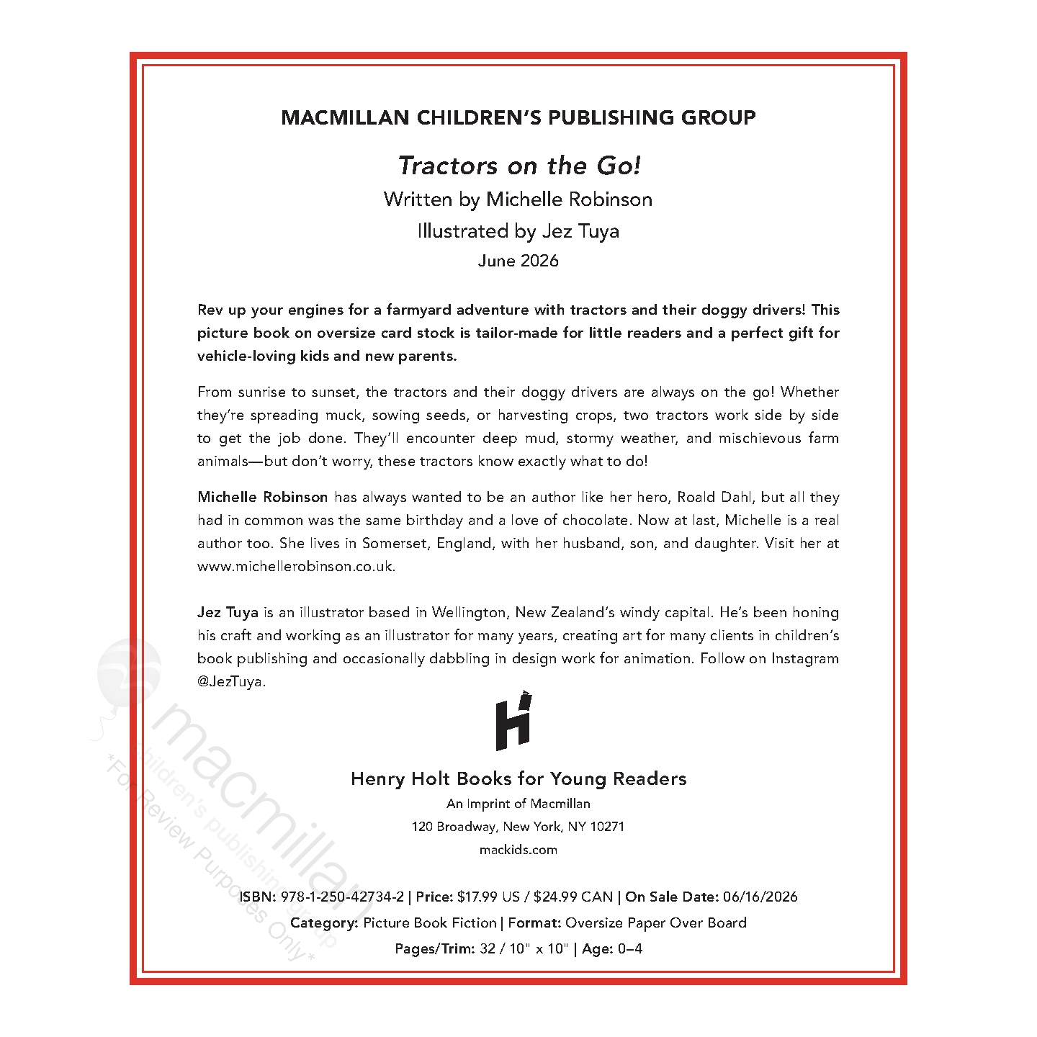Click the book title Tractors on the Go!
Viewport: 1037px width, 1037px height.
tap(518, 166)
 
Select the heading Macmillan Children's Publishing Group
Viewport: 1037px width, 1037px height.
tap(518, 117)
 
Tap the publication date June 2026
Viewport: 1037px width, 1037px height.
tap(518, 261)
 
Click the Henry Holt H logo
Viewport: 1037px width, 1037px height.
tap(514, 722)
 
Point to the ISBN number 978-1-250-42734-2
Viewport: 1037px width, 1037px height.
tap(342, 897)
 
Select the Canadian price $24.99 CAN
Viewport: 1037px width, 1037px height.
tap(573, 897)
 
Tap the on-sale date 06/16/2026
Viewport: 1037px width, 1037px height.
tap(760, 897)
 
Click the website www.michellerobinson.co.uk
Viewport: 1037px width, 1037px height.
tap(296, 567)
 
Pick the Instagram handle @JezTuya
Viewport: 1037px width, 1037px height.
tap(231, 682)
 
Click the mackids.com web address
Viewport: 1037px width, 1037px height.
tap(518, 850)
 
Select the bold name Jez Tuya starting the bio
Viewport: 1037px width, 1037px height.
tap(228, 613)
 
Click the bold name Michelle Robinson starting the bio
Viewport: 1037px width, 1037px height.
tap(263, 498)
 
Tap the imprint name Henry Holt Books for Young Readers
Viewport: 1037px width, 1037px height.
tap(518, 779)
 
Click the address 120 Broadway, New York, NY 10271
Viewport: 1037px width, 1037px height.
tap(518, 827)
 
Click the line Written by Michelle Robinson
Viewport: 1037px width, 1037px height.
tap(518, 199)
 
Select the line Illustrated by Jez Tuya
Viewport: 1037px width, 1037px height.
tap(518, 231)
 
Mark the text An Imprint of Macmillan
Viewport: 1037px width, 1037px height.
tap(518, 804)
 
